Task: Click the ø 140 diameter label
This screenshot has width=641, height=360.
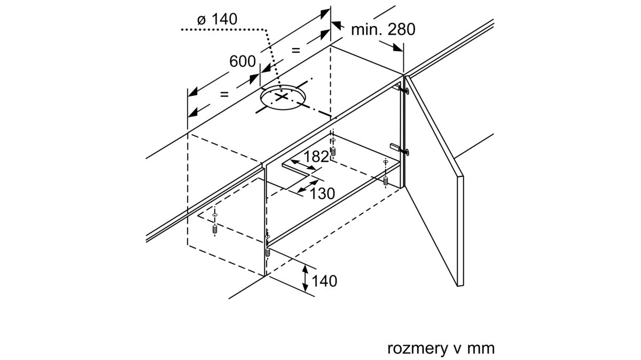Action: pyautogui.click(x=217, y=19)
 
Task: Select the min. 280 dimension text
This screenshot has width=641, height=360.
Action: pyautogui.click(x=383, y=29)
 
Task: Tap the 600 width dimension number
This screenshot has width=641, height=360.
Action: pyautogui.click(x=243, y=61)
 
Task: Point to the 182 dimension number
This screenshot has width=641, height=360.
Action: pyautogui.click(x=316, y=156)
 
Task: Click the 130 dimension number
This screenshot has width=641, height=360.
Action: pyautogui.click(x=322, y=193)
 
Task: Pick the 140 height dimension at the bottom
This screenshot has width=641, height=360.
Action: pyautogui.click(x=324, y=281)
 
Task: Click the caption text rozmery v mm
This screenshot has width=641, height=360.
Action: pyautogui.click(x=441, y=348)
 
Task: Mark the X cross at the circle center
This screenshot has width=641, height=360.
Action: pyautogui.click(x=282, y=97)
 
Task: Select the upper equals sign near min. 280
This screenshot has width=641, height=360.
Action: pyautogui.click(x=295, y=50)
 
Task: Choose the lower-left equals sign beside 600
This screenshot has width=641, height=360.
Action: pyautogui.click(x=224, y=94)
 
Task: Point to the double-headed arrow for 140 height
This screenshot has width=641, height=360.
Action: pyautogui.click(x=306, y=278)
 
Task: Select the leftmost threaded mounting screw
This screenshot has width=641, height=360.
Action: pyautogui.click(x=215, y=229)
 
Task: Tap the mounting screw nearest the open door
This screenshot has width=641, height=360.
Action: pyautogui.click(x=386, y=181)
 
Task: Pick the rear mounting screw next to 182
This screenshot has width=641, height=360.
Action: pyautogui.click(x=333, y=152)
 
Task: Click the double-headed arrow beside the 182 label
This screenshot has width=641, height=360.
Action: pyautogui.click(x=303, y=165)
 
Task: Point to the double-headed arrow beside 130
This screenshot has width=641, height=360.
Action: pyautogui.click(x=308, y=186)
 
